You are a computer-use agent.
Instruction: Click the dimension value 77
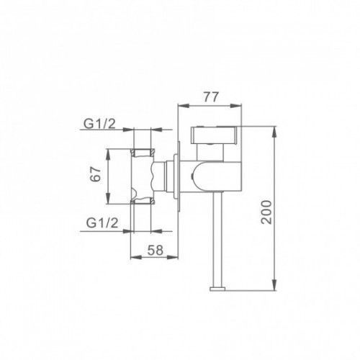(x=212, y=97)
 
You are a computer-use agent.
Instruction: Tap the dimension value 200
(x=266, y=212)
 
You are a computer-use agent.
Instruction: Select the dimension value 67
(x=95, y=174)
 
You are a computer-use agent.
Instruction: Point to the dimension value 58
(x=156, y=250)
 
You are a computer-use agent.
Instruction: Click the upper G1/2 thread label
(x=99, y=124)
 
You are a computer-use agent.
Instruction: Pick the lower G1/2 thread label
(x=102, y=223)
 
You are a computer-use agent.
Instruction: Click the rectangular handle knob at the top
(x=214, y=135)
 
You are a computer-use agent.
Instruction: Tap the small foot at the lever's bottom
(x=217, y=289)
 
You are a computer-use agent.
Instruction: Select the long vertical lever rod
(x=217, y=240)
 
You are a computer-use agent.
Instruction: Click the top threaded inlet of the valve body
(x=143, y=153)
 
